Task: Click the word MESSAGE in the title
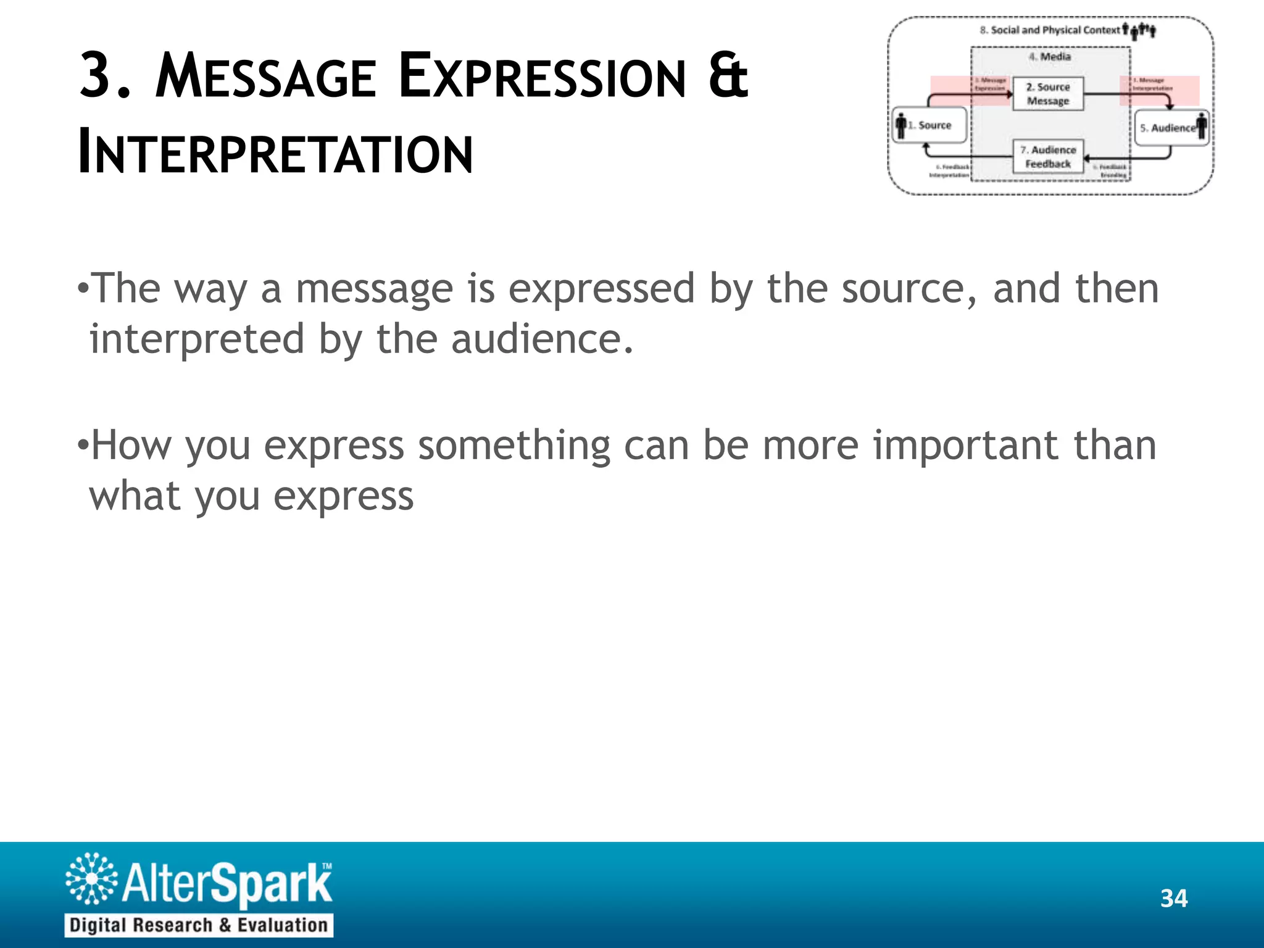[265, 77]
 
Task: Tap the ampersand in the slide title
[728, 75]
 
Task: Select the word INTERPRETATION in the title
[275, 153]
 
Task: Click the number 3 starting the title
[99, 75]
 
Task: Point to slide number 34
[1173, 899]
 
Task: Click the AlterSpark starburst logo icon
[91, 878]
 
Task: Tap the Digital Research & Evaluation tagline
[199, 925]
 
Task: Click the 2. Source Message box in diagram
[1047, 94]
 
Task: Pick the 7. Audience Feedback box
[1047, 157]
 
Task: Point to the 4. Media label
[1050, 57]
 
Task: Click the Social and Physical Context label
[1055, 30]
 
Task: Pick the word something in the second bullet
[513, 446]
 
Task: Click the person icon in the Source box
[901, 126]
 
